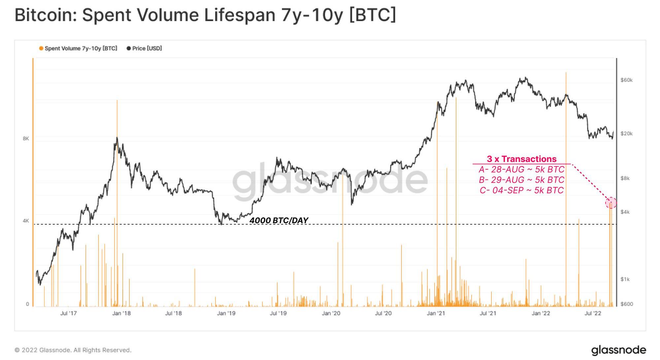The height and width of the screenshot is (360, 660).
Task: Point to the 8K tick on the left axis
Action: [26, 139]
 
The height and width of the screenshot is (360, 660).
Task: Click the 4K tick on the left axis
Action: [26, 221]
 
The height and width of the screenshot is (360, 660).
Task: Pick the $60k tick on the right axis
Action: [626, 80]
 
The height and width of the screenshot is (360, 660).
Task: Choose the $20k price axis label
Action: [626, 134]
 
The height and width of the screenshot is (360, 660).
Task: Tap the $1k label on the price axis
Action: [625, 279]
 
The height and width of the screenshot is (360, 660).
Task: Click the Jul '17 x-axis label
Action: [68, 313]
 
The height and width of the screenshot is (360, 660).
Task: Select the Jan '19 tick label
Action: [226, 313]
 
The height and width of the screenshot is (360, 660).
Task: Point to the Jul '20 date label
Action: [383, 313]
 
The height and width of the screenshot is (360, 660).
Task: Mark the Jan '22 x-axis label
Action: [541, 313]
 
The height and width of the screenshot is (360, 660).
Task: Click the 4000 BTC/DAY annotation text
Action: [279, 220]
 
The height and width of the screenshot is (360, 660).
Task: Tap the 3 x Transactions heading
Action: [521, 159]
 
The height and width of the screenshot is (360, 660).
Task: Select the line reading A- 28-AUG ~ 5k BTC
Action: [521, 170]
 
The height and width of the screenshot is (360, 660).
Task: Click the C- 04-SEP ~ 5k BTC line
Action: [521, 190]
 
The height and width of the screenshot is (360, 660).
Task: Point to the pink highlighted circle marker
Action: [611, 203]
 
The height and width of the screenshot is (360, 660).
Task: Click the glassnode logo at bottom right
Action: [618, 350]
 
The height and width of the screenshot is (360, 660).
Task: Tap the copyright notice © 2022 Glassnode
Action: [73, 350]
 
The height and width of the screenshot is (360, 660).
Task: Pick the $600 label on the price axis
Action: [626, 304]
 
